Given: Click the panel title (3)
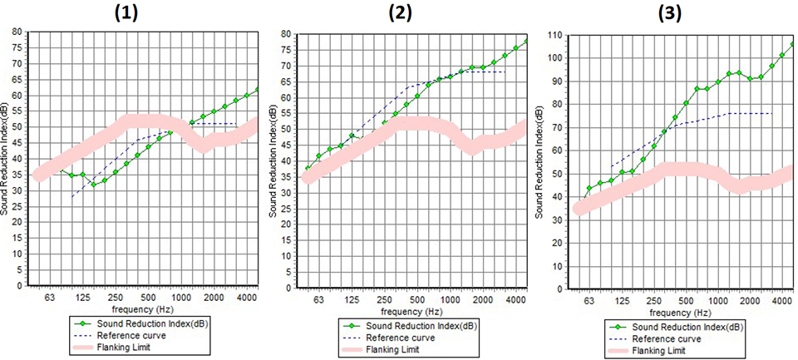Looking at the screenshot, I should tap(669, 13).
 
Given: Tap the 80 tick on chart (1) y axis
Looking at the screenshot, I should tap(17, 32).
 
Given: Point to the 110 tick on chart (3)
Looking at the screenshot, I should tap(554, 37).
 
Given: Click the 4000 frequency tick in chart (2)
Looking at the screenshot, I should tap(515, 299).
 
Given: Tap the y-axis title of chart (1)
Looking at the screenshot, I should tap(6, 158).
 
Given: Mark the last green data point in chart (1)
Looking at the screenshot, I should tap(258, 90).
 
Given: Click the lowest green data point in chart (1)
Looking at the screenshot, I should tap(94, 185).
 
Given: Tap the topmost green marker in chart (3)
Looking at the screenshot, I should tap(792, 44).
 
